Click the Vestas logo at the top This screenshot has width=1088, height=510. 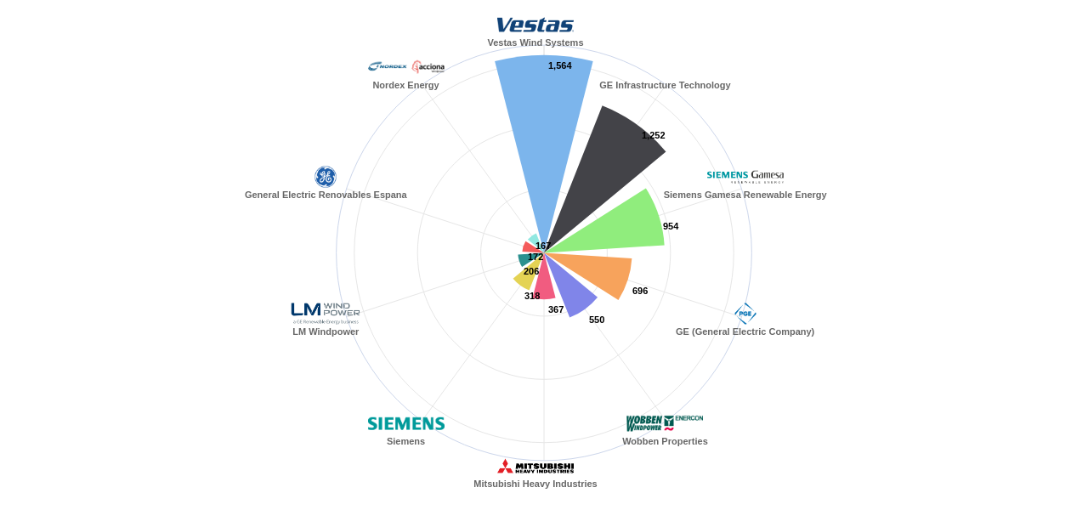[535, 25]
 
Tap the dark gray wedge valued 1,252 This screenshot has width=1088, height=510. [608, 170]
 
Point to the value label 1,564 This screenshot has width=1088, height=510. [560, 65]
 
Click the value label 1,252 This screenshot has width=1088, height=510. [654, 135]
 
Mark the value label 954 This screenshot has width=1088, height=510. [671, 226]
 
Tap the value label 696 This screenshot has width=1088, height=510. [640, 291]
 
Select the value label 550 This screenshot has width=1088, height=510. [597, 320]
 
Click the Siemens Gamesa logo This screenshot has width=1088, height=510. [745, 176]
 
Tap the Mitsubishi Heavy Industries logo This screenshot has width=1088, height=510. [535, 467]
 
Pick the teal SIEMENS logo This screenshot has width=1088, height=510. [406, 423]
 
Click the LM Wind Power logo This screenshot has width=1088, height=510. [326, 313]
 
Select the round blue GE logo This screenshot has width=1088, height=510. [326, 177]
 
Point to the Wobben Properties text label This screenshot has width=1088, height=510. [665, 441]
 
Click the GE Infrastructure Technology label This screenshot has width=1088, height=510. [665, 85]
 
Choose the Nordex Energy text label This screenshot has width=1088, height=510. [405, 85]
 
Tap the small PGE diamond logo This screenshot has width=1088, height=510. [745, 314]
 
